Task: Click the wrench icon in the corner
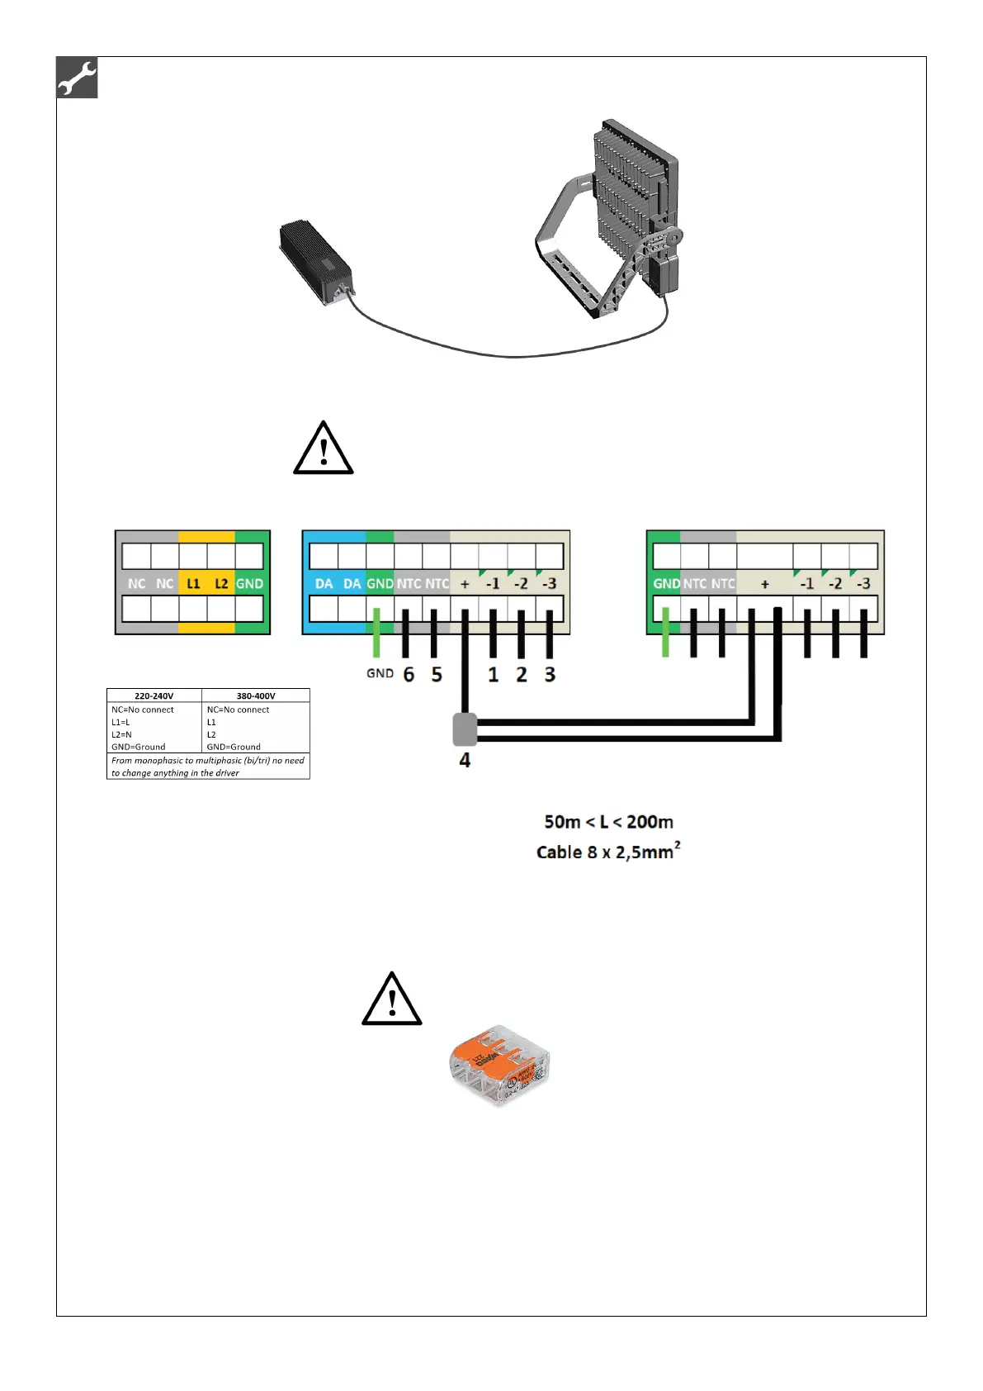pos(78,78)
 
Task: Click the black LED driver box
pos(315,260)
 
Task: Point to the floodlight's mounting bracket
pos(569,248)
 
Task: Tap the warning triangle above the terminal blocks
pos(324,449)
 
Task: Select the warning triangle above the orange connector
pos(392,999)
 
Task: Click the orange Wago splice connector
pos(499,1063)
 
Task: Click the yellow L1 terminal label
pos(193,583)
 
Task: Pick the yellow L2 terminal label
pos(221,583)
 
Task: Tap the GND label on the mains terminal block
pos(249,583)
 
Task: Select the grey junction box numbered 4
pos(466,729)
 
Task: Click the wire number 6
pos(409,675)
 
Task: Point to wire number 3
pos(550,675)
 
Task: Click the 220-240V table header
pos(154,695)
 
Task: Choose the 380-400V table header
pos(256,695)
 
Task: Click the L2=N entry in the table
pos(122,734)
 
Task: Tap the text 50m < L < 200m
pos(608,822)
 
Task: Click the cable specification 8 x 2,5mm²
pos(608,852)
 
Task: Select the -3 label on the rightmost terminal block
pos(863,583)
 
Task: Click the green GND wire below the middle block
pos(376,633)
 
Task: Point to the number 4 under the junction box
pos(465,760)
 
